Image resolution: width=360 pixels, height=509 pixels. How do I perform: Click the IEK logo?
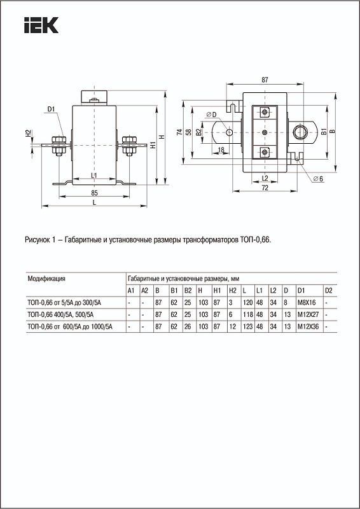click(41, 25)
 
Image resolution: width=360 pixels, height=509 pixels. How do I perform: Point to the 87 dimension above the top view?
click(264, 80)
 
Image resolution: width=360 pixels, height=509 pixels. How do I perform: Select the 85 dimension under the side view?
click(93, 192)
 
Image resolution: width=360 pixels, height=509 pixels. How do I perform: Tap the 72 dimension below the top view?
click(265, 189)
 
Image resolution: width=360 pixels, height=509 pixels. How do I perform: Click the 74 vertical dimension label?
click(178, 132)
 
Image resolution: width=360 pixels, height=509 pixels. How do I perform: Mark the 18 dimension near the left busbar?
click(221, 150)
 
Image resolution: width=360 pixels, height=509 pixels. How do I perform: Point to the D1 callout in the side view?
click(52, 108)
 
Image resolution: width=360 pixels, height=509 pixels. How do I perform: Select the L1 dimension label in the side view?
click(93, 175)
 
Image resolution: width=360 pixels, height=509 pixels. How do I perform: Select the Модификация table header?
click(47, 279)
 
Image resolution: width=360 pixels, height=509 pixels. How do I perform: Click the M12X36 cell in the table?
click(308, 326)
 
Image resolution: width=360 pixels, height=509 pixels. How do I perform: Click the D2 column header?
click(328, 291)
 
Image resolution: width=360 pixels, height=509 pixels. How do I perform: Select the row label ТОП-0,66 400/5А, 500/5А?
click(61, 314)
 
